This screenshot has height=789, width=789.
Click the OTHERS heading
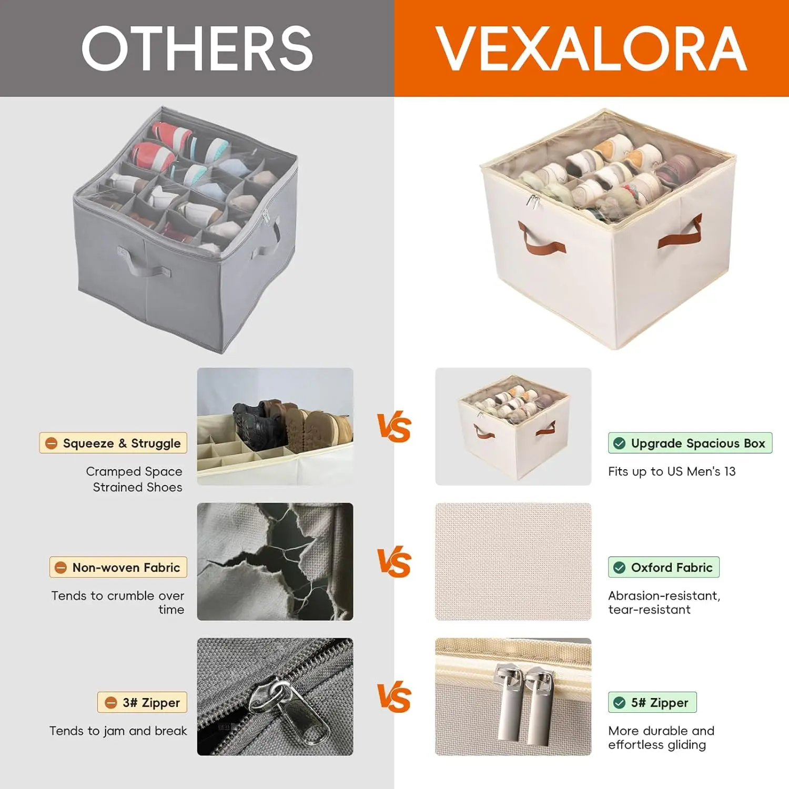[197, 48]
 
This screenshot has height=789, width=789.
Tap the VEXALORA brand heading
[591, 48]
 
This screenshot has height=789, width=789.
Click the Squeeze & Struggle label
[113, 443]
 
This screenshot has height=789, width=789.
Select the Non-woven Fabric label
[118, 567]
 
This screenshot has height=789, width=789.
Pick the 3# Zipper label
[142, 702]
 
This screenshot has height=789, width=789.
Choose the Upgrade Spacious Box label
[690, 443]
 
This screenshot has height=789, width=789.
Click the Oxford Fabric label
[664, 567]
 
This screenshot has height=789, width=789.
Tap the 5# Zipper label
[652, 702]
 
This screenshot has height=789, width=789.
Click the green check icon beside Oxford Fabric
[620, 568]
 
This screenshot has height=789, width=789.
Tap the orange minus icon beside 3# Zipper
[110, 703]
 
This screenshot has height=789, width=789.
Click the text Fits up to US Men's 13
[672, 471]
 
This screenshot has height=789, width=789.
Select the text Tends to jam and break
[118, 731]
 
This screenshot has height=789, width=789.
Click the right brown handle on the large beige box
[680, 234]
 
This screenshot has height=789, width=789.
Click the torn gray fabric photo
[275, 561]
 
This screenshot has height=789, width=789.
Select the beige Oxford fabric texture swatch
[513, 561]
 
